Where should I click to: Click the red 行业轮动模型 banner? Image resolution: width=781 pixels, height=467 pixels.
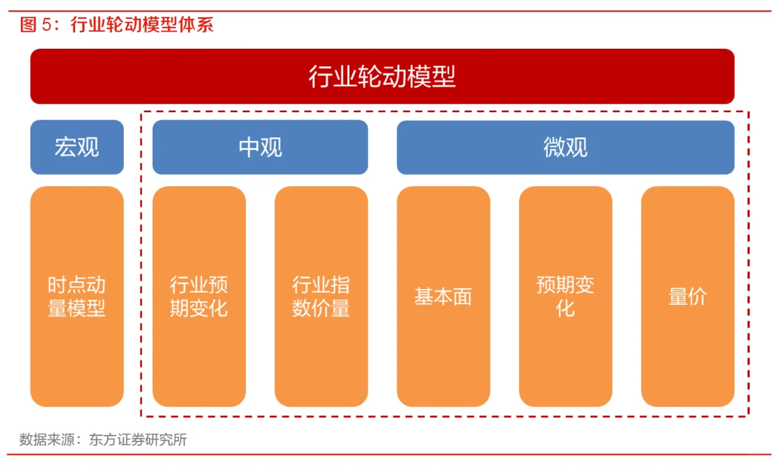tap(382, 76)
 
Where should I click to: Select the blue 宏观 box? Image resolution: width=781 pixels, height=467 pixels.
tap(77, 147)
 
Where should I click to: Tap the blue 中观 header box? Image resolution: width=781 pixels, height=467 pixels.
tap(260, 147)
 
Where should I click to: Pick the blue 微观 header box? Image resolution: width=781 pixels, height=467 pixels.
tap(565, 147)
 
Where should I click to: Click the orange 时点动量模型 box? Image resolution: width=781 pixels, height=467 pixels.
tap(77, 296)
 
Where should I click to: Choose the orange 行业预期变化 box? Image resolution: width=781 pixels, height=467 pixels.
tap(199, 296)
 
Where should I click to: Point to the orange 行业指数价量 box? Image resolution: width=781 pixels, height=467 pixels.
tap(321, 296)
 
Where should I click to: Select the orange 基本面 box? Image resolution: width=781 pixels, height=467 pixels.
tap(443, 296)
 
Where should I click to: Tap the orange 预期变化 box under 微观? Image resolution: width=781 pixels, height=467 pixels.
tap(565, 296)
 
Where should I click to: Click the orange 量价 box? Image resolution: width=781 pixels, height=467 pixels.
tap(688, 296)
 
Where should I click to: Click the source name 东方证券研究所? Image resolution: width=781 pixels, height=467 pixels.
tap(138, 440)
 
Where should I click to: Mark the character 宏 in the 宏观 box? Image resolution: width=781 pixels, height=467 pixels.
tap(65, 147)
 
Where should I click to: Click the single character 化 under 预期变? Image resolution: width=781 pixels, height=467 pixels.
tap(565, 308)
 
